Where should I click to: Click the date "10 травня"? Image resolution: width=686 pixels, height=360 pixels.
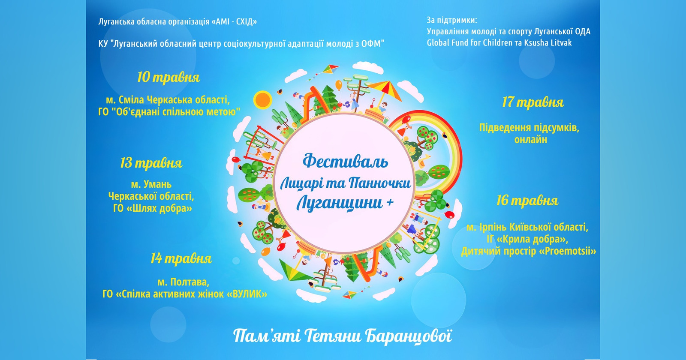(168, 78)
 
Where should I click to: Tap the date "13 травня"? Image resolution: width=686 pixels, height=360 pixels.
(151, 163)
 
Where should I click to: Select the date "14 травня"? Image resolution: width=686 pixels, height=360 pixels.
(181, 259)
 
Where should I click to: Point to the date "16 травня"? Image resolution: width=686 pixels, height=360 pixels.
(527, 201)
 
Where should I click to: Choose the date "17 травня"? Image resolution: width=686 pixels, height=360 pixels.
(533, 102)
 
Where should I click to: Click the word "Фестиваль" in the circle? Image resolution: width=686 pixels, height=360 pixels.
(346, 161)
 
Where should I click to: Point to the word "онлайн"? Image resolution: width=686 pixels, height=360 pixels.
(531, 140)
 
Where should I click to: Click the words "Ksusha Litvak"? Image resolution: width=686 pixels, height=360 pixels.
(548, 42)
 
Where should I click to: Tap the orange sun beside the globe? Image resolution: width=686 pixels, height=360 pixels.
(262, 100)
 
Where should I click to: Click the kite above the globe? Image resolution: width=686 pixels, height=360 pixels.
(331, 69)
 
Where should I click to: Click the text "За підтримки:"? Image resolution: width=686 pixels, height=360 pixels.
(452, 20)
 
